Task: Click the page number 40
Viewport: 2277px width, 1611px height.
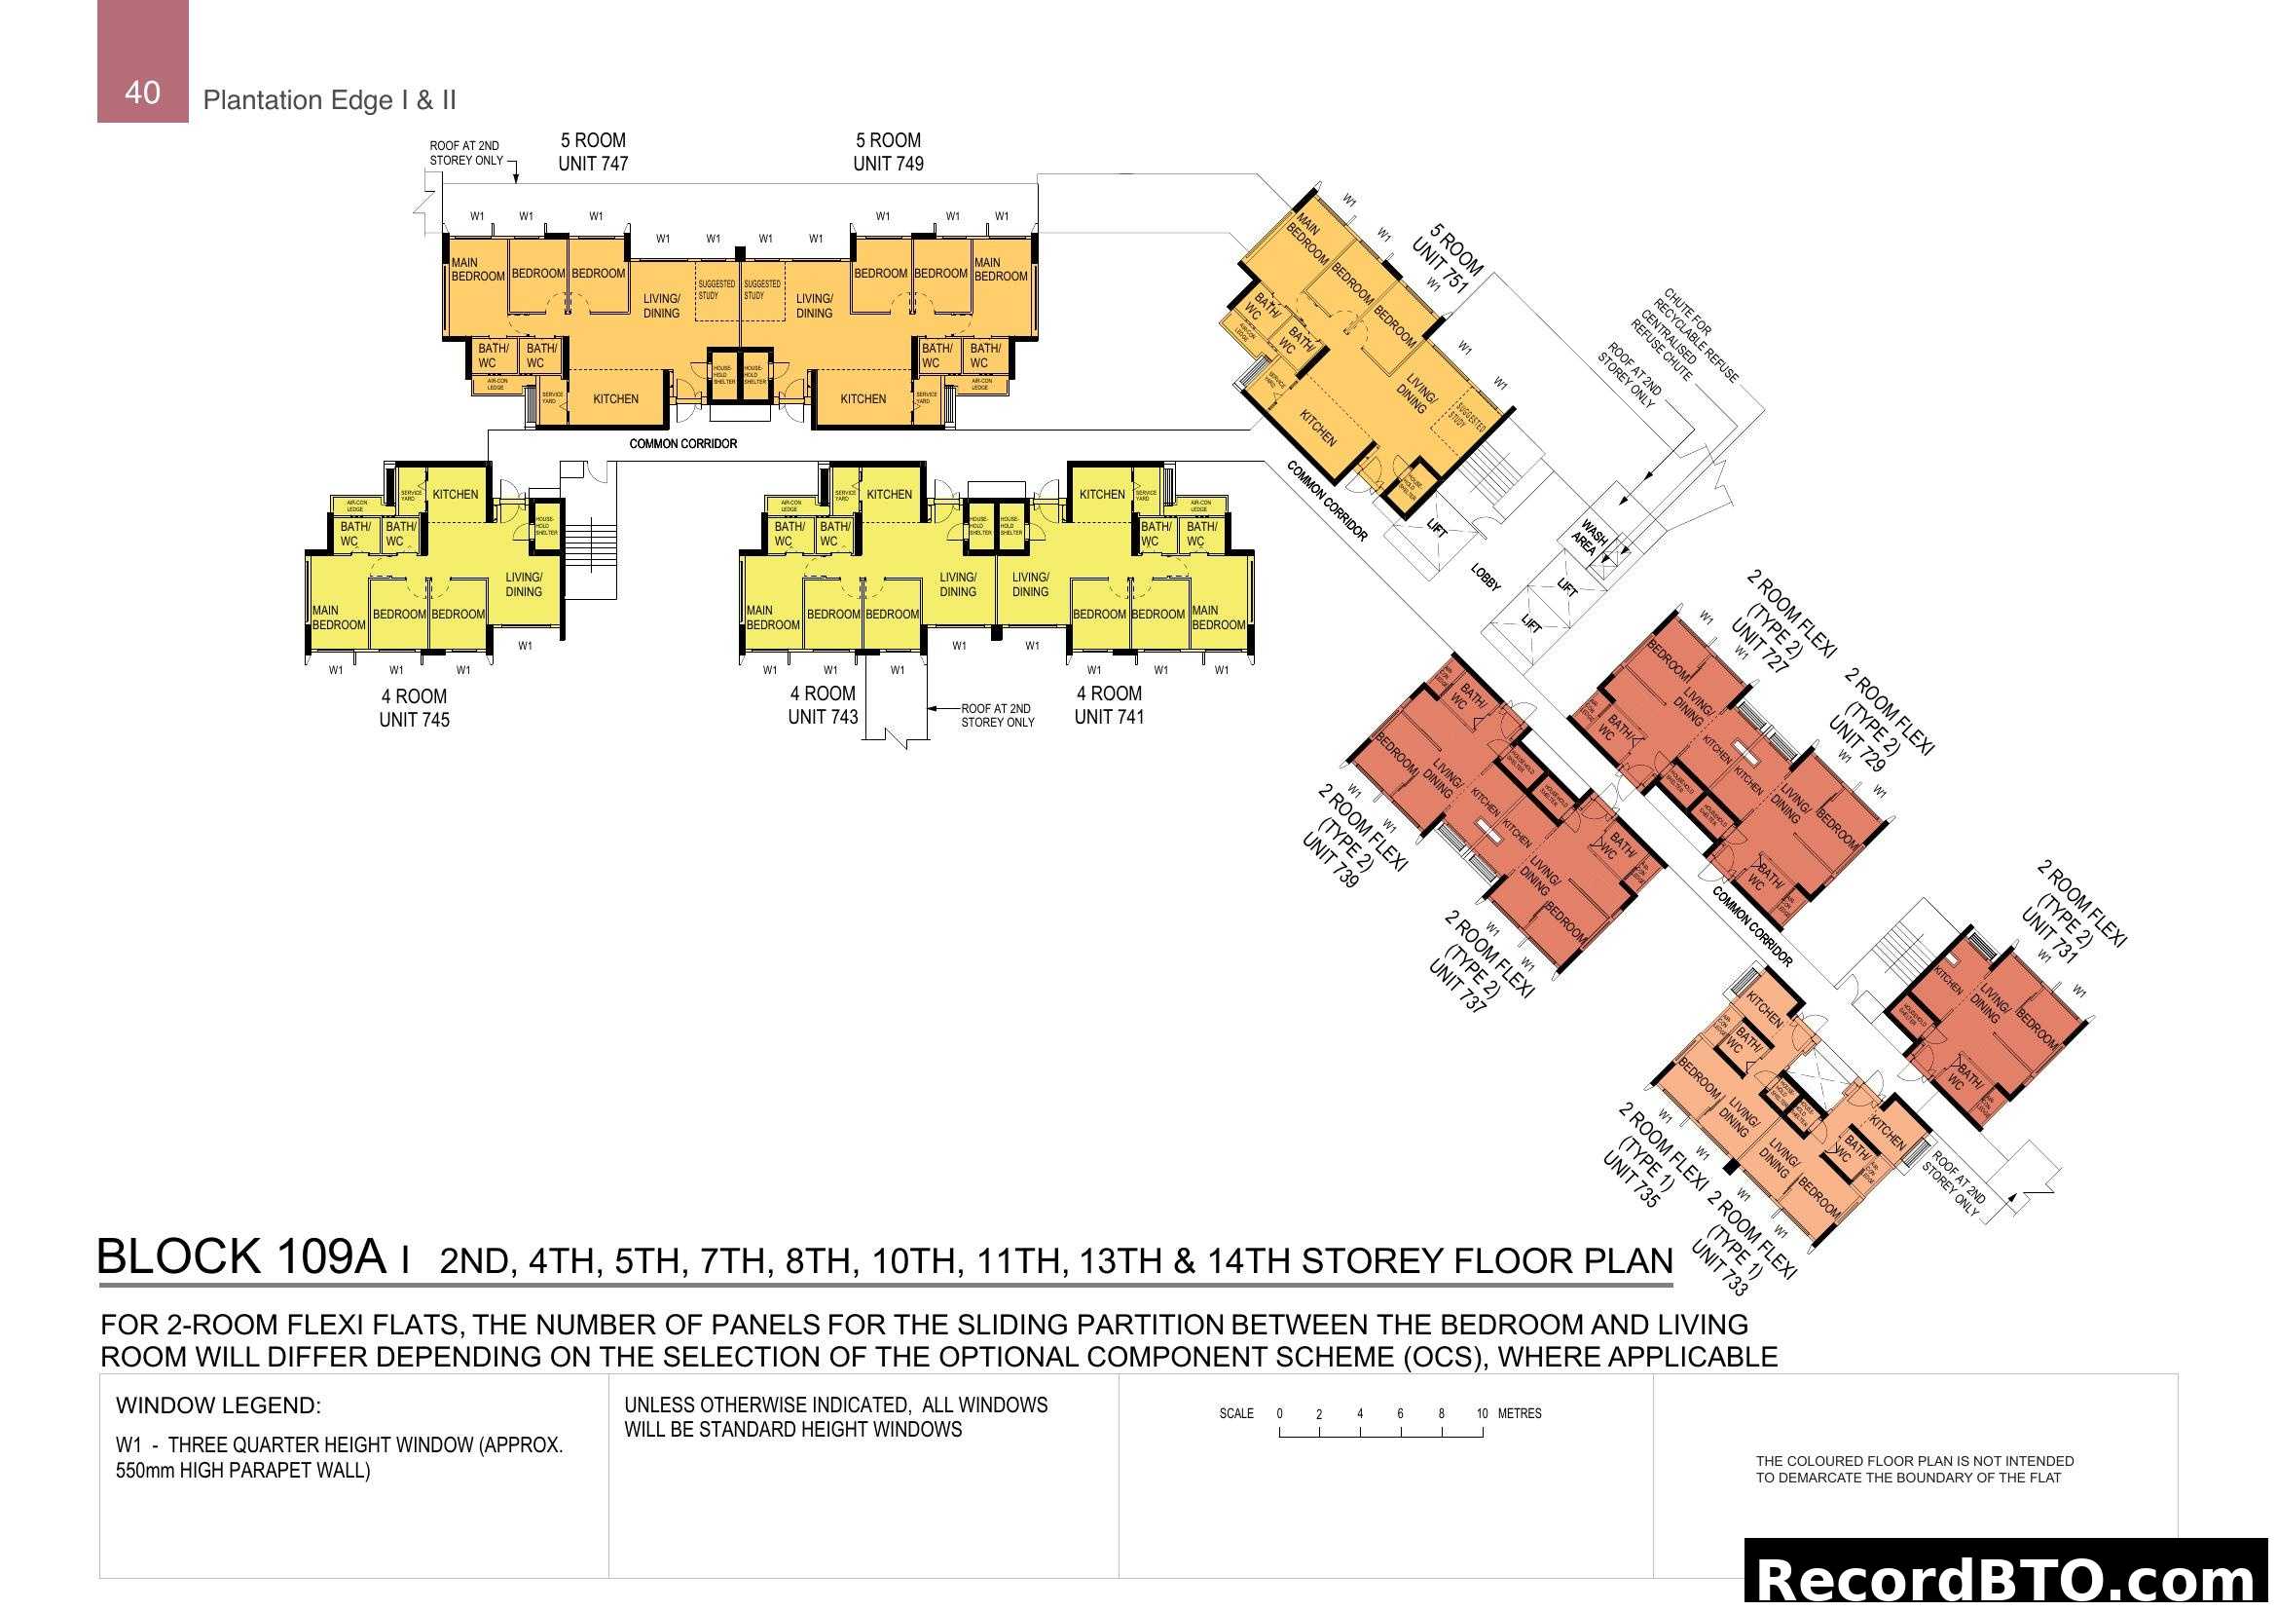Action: click(x=142, y=93)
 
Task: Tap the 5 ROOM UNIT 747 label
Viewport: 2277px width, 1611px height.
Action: click(x=593, y=152)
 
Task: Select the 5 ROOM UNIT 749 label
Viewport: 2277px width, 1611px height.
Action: click(x=888, y=152)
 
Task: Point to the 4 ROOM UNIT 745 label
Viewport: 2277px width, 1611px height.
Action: click(x=414, y=708)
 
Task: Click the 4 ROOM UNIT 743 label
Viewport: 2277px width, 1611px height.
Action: click(x=823, y=705)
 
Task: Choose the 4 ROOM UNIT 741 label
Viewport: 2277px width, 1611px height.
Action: click(x=1109, y=705)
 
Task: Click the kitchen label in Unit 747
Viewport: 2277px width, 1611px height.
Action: click(x=615, y=398)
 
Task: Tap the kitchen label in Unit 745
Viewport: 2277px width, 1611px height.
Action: click(x=456, y=494)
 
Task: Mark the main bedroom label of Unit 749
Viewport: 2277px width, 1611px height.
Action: click(x=1000, y=270)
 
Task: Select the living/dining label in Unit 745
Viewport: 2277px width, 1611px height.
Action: click(x=524, y=584)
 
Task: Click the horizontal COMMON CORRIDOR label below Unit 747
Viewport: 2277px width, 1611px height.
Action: click(x=682, y=443)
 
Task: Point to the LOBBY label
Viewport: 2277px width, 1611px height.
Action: click(x=1485, y=579)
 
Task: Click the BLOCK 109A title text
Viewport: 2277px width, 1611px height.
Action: click(x=241, y=1256)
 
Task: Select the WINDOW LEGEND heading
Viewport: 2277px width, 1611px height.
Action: click(x=218, y=1405)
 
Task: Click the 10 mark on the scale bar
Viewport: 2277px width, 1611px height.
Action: click(x=1482, y=1413)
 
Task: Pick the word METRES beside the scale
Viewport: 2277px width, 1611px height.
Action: click(x=1520, y=1413)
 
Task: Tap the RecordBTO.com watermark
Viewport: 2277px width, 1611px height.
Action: click(x=2009, y=1578)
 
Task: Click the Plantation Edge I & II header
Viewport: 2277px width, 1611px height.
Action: click(x=329, y=100)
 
